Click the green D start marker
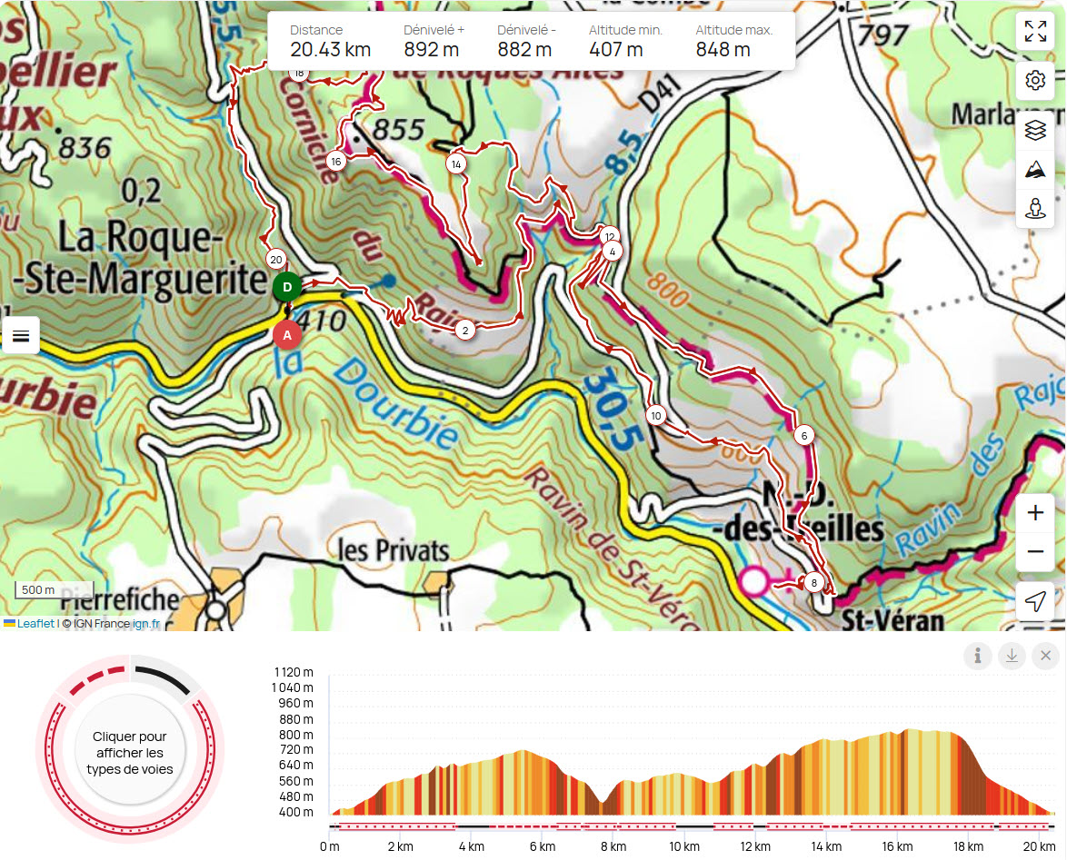coord(287,287)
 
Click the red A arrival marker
coord(287,335)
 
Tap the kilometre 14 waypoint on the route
coord(456,164)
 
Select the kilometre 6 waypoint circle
coord(803,436)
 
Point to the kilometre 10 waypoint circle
coord(656,416)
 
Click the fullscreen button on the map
coord(1035,31)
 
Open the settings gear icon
coord(1035,81)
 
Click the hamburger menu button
coord(21,336)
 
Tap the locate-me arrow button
coord(1035,601)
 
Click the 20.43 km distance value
coord(331,50)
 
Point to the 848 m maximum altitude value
coord(723,50)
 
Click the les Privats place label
coord(394,551)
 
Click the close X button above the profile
coord(1045,656)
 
